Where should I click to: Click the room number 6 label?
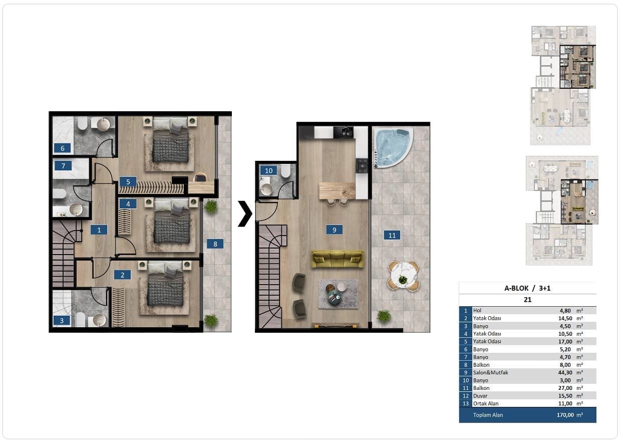pyautogui.click(x=62, y=148)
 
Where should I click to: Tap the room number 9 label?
pyautogui.click(x=335, y=230)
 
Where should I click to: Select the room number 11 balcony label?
pyautogui.click(x=392, y=235)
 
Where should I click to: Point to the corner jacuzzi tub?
pyautogui.click(x=393, y=147)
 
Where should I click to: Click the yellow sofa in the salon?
pyautogui.click(x=338, y=259)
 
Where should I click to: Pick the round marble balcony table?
pyautogui.click(x=404, y=276)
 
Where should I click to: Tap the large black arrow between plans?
pyautogui.click(x=245, y=213)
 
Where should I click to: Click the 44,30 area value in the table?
pyautogui.click(x=565, y=373)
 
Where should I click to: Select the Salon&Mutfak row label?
pyautogui.click(x=490, y=373)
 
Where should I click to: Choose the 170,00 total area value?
pyautogui.click(x=565, y=415)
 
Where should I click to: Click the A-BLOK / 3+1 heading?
pyautogui.click(x=527, y=288)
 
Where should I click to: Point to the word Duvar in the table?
pyautogui.click(x=480, y=396)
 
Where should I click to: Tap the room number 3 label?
pyautogui.click(x=62, y=321)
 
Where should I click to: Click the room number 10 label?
pyautogui.click(x=268, y=170)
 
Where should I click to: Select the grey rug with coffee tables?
pyautogui.click(x=338, y=294)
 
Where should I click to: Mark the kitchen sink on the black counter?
pyautogui.click(x=344, y=132)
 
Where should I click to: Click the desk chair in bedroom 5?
pyautogui.click(x=200, y=177)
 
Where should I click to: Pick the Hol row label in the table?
pyautogui.click(x=477, y=310)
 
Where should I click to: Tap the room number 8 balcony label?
pyautogui.click(x=215, y=244)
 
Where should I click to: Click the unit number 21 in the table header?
pyautogui.click(x=527, y=300)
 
